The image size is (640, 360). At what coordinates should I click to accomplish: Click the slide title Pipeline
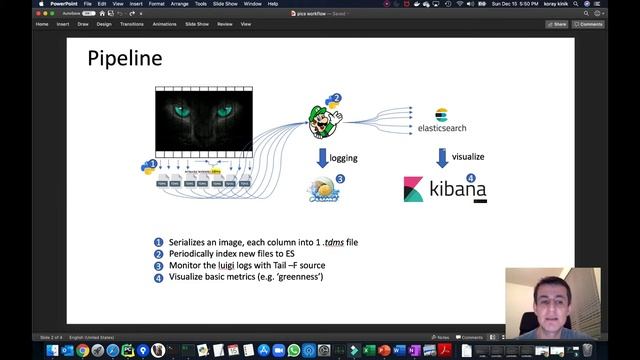[125, 59]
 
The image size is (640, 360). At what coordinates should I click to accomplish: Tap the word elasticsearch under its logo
[441, 129]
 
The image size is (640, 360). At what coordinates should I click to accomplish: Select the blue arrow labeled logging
[322, 157]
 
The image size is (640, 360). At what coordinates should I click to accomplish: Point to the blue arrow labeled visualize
[441, 157]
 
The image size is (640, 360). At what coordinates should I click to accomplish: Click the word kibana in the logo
[458, 188]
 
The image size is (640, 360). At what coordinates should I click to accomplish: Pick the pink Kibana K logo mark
[413, 189]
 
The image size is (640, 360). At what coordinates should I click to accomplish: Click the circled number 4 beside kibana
[470, 177]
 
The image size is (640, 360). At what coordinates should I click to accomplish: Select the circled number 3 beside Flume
[340, 179]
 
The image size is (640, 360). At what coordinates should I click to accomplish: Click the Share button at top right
[557, 23]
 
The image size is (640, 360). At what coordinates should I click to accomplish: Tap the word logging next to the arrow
[344, 157]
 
